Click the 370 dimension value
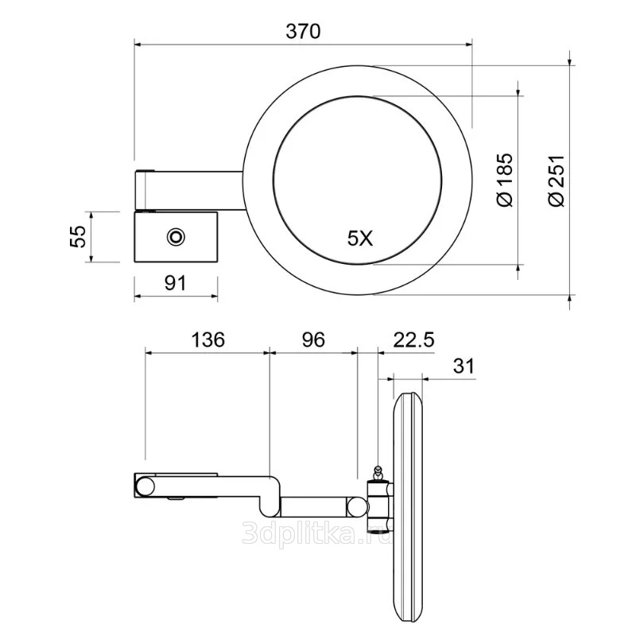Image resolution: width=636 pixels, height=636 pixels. pyautogui.click(x=303, y=31)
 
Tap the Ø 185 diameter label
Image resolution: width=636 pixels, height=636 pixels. pyautogui.click(x=506, y=180)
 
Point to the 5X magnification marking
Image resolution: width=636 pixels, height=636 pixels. pyautogui.click(x=360, y=238)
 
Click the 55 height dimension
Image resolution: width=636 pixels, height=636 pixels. pyautogui.click(x=78, y=236)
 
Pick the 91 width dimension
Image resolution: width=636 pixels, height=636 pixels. pyautogui.click(x=176, y=283)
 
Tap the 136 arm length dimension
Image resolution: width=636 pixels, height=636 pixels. pyautogui.click(x=207, y=339)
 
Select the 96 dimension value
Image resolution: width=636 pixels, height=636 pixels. pyautogui.click(x=313, y=339)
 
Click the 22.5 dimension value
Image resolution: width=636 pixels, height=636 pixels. pyautogui.click(x=413, y=339)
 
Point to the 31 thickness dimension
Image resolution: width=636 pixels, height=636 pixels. pyautogui.click(x=463, y=366)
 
